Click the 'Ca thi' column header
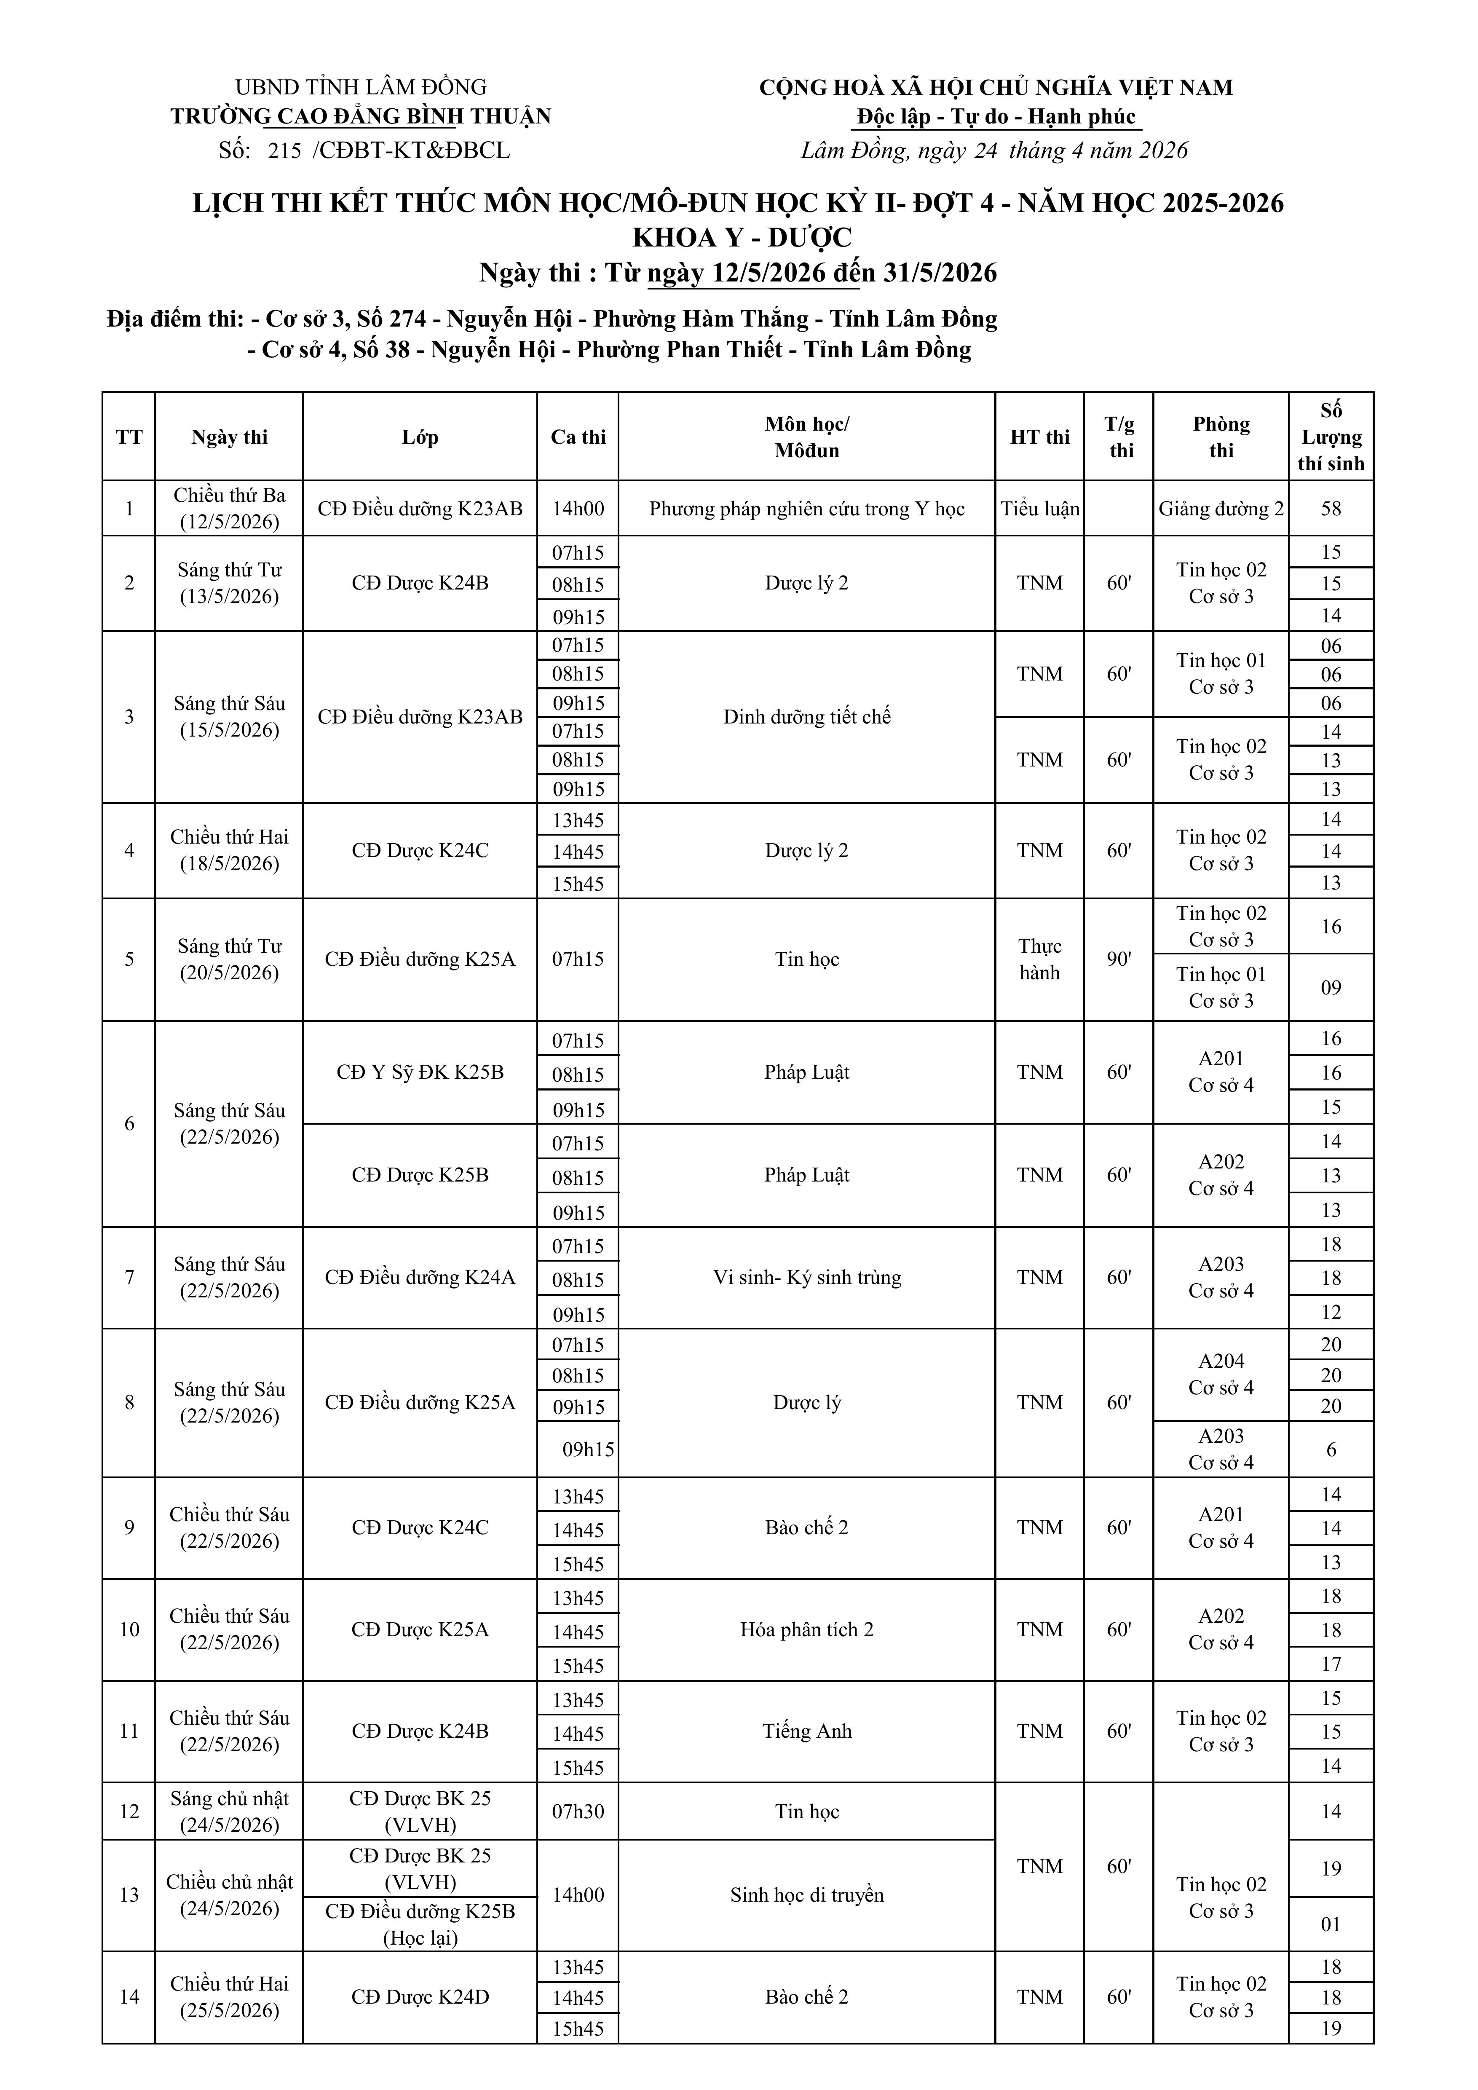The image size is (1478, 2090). click(578, 437)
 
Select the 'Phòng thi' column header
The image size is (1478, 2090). click(1221, 437)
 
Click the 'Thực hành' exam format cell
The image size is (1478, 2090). click(1039, 959)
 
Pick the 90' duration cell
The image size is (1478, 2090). click(1119, 959)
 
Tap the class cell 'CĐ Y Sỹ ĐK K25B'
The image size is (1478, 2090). click(420, 1072)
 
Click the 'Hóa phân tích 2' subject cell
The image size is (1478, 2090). click(806, 1629)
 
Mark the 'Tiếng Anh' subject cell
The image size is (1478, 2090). click(806, 1731)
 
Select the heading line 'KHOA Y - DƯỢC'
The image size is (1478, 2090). click(742, 238)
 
